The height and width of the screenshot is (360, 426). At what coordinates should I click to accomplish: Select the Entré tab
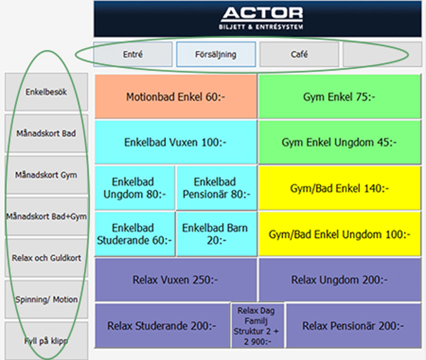tap(133, 54)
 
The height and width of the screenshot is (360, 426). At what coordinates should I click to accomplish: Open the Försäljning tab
tap(215, 54)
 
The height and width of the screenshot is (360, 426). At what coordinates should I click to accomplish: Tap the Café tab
tap(299, 54)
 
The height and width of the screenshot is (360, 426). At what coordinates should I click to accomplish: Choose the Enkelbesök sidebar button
tap(46, 92)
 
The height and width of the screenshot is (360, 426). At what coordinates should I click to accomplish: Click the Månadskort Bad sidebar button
tap(46, 134)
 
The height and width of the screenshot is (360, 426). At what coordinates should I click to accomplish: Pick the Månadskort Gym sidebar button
tap(46, 175)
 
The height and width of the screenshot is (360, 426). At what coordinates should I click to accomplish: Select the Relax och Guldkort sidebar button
tap(46, 257)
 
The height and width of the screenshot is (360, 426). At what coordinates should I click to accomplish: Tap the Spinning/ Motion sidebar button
tap(46, 299)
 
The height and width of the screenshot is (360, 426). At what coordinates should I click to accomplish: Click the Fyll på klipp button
tap(46, 341)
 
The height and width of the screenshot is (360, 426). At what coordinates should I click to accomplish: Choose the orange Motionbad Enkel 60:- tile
tap(175, 96)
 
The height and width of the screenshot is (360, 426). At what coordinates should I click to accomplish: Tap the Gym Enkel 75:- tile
tap(339, 96)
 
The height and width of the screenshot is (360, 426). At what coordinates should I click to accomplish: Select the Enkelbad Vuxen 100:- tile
tap(175, 142)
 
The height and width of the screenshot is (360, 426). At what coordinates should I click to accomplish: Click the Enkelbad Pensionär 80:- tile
tap(217, 188)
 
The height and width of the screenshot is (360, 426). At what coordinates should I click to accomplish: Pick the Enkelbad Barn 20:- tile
tap(217, 233)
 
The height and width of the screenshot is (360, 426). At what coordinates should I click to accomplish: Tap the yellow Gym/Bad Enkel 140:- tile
tap(339, 188)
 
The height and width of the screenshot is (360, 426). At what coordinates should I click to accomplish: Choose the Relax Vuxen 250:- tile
tap(175, 279)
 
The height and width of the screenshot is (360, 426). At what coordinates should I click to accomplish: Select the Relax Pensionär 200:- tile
tap(354, 326)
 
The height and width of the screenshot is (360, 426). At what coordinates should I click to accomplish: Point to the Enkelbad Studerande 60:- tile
tap(135, 233)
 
